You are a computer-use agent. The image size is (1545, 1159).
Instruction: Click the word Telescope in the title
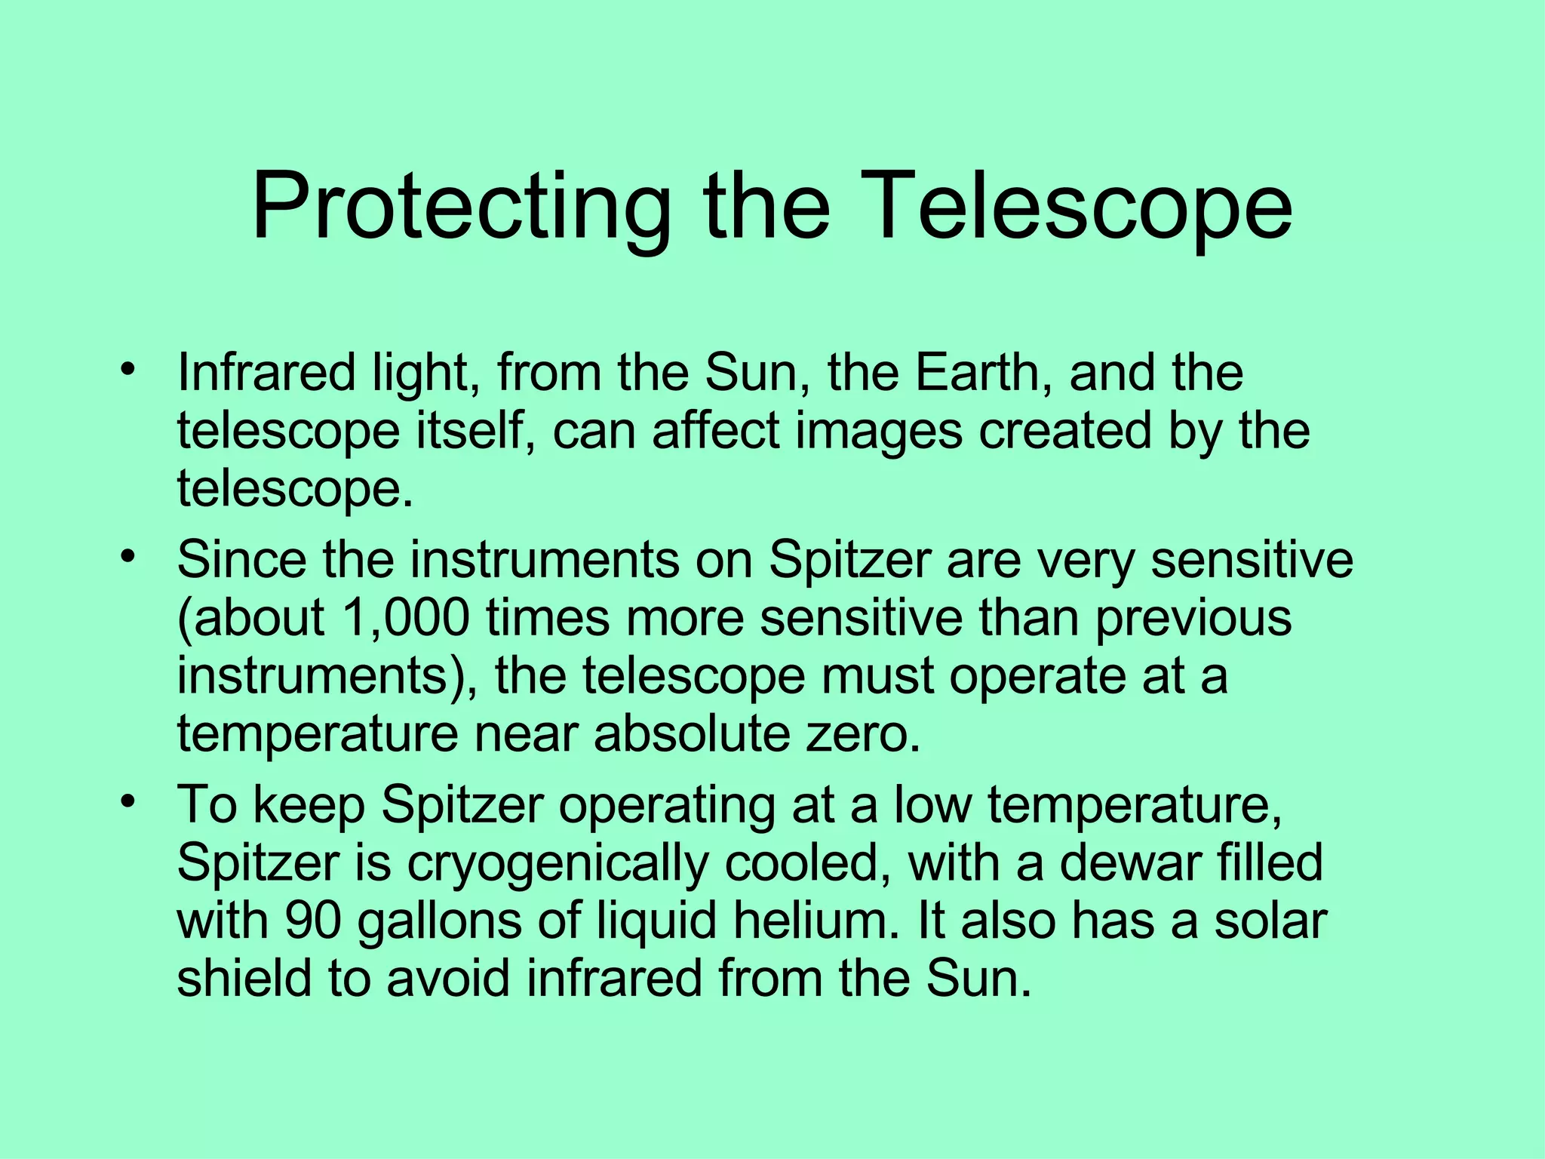[x=1082, y=208]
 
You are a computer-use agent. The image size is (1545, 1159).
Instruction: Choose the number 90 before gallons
[x=314, y=921]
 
